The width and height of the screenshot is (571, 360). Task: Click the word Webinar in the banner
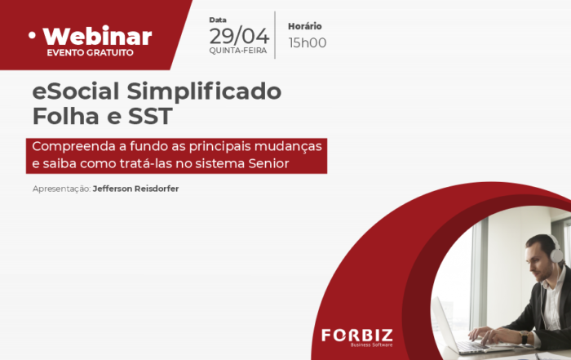[97, 36]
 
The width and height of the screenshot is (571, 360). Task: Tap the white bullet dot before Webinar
[33, 35]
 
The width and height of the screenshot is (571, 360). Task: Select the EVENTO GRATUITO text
[90, 52]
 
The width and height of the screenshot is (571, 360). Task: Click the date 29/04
[239, 36]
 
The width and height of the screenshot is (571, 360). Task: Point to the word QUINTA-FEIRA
[238, 51]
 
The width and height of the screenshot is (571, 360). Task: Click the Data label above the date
[218, 20]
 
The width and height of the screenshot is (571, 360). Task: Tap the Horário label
[305, 26]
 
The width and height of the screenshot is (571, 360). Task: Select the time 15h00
[308, 42]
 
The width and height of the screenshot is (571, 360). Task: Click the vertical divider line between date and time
[275, 35]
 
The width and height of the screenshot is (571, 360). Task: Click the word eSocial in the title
[76, 91]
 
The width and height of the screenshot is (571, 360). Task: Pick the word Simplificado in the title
[204, 91]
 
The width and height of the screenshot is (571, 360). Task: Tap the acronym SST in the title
[150, 116]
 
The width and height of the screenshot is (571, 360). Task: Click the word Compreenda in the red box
[74, 147]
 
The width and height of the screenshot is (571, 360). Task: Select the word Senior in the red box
[268, 163]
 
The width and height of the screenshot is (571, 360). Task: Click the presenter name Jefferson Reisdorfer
[136, 189]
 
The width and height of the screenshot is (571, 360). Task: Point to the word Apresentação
[61, 189]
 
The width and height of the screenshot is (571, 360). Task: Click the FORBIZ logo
[357, 337]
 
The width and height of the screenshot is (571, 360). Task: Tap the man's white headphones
[554, 249]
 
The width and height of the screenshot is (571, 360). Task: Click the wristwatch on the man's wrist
[524, 337]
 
